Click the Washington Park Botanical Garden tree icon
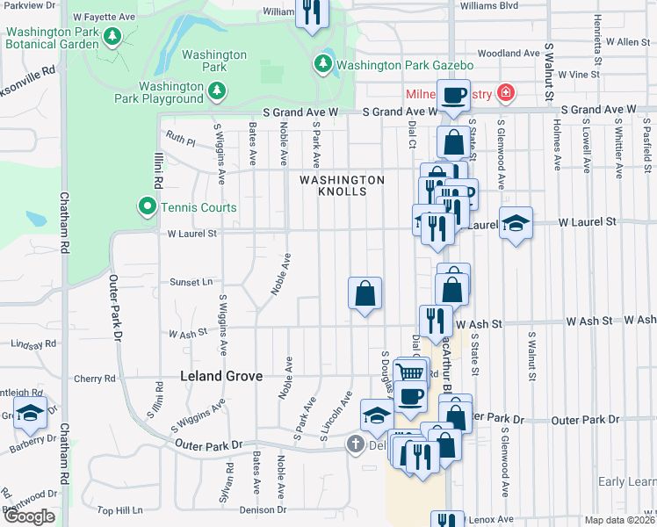coord(111,36)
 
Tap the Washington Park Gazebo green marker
coord(323,64)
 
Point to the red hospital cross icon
coord(505,93)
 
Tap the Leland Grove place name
coord(220,376)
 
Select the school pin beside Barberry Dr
coord(30,414)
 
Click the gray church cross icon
coord(355,444)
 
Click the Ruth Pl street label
coord(180,138)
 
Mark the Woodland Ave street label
coord(508,54)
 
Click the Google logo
coord(29,516)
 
